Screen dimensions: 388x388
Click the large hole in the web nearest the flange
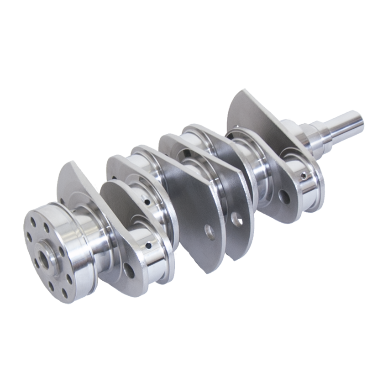tap(129, 270)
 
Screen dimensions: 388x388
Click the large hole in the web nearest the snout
tap(284, 197)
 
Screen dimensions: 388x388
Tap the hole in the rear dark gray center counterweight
tap(237, 219)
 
